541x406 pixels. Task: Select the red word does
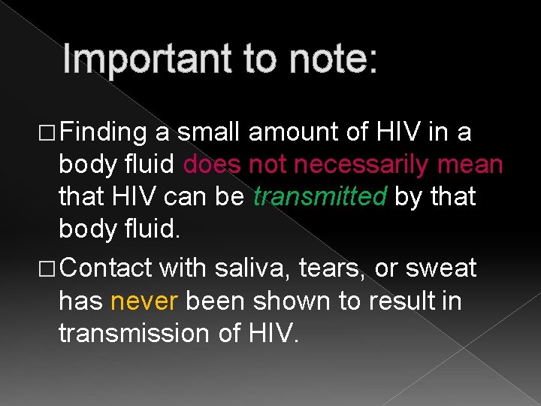pos(213,165)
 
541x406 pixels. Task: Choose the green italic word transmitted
pos(320,197)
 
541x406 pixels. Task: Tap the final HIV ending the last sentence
pos(276,333)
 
